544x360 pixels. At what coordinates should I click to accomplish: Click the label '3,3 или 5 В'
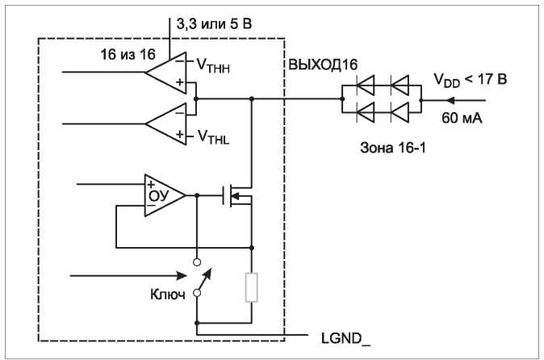(x=214, y=24)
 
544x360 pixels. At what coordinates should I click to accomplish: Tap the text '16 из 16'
(x=128, y=54)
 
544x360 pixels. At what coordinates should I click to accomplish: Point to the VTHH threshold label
(x=213, y=65)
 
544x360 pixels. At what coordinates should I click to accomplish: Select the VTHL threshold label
(x=213, y=137)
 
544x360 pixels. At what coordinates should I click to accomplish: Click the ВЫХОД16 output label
(x=323, y=65)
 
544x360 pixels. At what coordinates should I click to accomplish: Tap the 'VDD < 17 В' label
(x=470, y=80)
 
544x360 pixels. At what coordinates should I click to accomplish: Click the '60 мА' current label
(x=462, y=118)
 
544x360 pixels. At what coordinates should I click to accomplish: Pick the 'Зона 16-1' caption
(x=393, y=148)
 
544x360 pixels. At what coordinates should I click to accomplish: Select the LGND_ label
(x=345, y=338)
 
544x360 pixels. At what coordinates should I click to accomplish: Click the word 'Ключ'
(x=168, y=295)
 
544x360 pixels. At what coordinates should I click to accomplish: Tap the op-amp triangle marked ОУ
(x=165, y=195)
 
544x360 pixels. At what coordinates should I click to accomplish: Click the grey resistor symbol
(x=252, y=287)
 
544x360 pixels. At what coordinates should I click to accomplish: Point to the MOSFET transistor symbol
(x=237, y=196)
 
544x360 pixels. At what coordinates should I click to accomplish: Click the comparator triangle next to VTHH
(x=165, y=73)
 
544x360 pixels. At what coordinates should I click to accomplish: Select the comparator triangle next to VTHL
(x=165, y=123)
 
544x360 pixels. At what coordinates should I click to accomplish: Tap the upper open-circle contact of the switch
(x=197, y=262)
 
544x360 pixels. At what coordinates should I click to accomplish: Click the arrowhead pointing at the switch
(x=182, y=276)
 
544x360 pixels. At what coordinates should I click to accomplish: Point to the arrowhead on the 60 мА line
(x=450, y=101)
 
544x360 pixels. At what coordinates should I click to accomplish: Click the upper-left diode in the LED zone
(x=366, y=85)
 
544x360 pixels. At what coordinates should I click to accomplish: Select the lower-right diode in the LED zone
(x=400, y=112)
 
